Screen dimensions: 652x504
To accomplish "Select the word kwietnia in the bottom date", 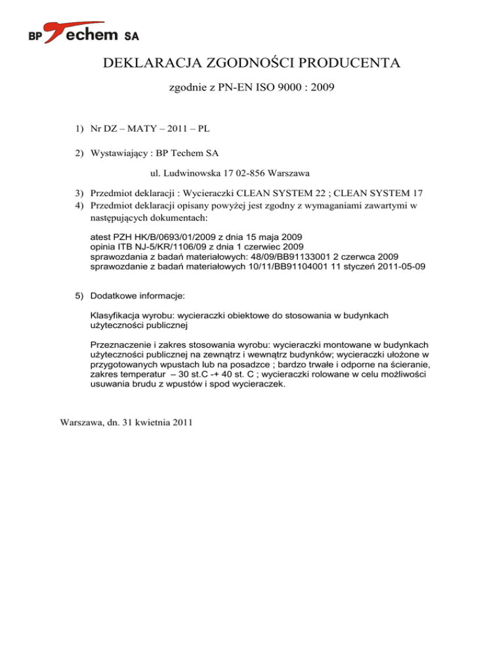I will [148, 423].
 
